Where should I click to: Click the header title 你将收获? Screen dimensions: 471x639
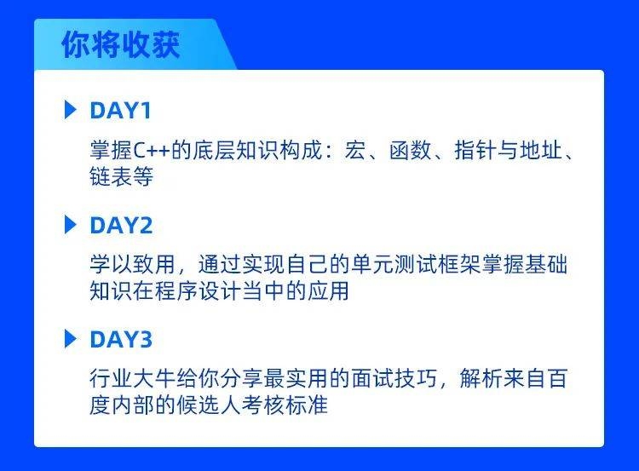[120, 45]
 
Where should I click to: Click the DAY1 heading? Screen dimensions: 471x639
[120, 111]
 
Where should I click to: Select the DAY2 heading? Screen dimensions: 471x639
[120, 226]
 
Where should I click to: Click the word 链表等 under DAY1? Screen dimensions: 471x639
[121, 177]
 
